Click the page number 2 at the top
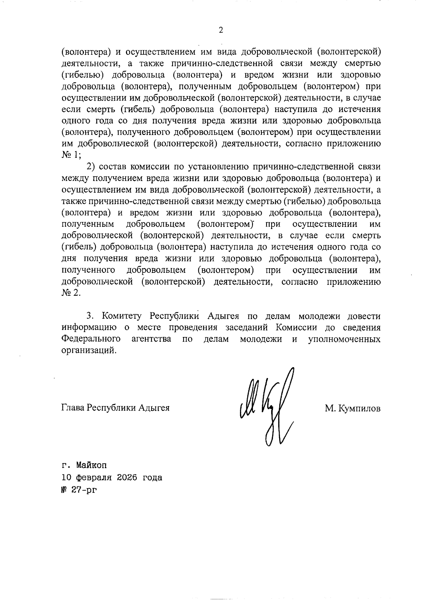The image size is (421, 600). pos(221,31)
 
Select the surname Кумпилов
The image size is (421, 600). pos(359,409)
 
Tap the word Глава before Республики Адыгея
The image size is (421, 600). pos(73,408)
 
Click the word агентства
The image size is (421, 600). pos(151,339)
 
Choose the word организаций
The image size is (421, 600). pos(88,351)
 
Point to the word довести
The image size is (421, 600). pos(363,316)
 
